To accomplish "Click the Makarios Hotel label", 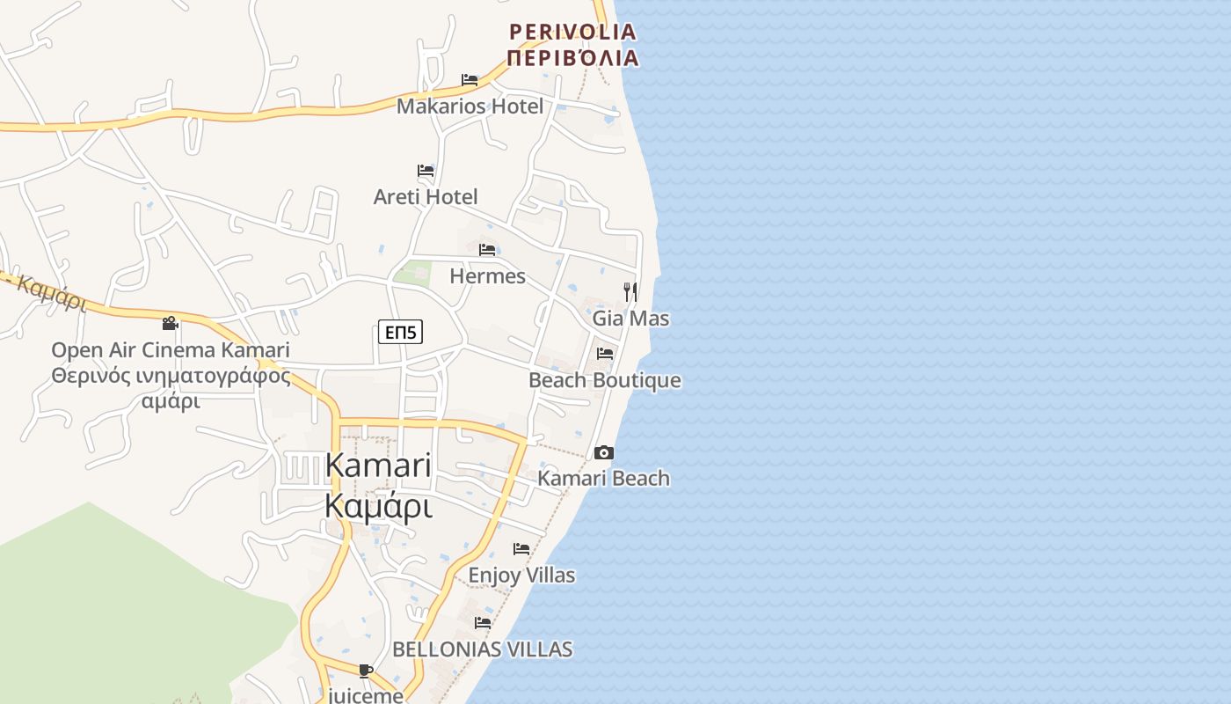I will pyautogui.click(x=470, y=106).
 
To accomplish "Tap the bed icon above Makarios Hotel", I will pyautogui.click(x=470, y=80).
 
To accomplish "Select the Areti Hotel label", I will pyautogui.click(x=426, y=196).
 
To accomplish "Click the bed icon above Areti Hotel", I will pyautogui.click(x=426, y=170).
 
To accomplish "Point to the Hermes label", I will pyautogui.click(x=487, y=276).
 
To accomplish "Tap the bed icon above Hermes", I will pyautogui.click(x=487, y=250).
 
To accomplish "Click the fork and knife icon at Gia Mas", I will pyautogui.click(x=630, y=291).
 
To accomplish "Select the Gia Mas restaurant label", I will pyautogui.click(x=630, y=319).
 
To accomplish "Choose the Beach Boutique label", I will pyautogui.click(x=604, y=380).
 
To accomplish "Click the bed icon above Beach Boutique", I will pyautogui.click(x=605, y=354).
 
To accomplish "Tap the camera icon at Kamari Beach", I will pyautogui.click(x=603, y=452).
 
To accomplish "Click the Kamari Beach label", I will pyautogui.click(x=603, y=479).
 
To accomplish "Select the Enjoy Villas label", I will pyautogui.click(x=521, y=576).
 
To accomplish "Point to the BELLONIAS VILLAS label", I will pyautogui.click(x=482, y=649).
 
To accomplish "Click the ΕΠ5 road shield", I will pyautogui.click(x=401, y=332).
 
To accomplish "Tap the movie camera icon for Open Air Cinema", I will pyautogui.click(x=170, y=323).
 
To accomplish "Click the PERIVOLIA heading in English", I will pyautogui.click(x=572, y=33).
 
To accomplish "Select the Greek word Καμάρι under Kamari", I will pyautogui.click(x=378, y=507).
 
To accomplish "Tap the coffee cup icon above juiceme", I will pyautogui.click(x=366, y=671).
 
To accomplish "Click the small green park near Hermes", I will pyautogui.click(x=412, y=273).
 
